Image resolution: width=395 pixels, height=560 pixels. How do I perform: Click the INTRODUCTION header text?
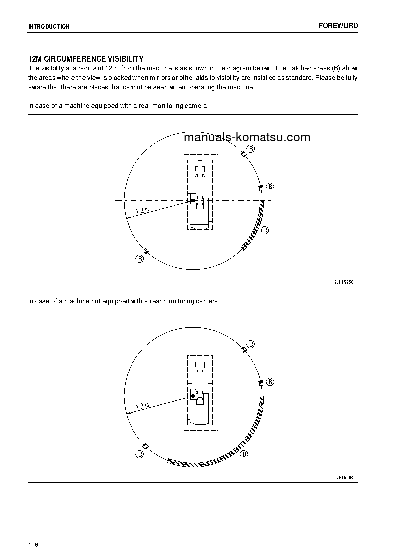click(49, 26)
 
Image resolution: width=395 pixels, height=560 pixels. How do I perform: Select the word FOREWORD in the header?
click(338, 26)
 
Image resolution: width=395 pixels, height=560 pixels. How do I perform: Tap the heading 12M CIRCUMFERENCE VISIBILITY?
click(86, 59)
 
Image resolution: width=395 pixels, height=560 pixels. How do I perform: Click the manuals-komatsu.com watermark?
click(247, 137)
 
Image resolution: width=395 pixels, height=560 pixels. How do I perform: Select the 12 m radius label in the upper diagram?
click(142, 210)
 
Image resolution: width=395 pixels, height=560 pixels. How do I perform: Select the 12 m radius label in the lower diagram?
click(142, 405)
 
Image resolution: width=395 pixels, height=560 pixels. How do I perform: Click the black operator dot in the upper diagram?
click(193, 200)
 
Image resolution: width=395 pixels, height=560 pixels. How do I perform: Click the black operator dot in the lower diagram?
click(193, 396)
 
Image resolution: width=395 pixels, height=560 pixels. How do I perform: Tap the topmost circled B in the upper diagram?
click(251, 149)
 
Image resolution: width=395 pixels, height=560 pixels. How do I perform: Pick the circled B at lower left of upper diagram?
click(140, 259)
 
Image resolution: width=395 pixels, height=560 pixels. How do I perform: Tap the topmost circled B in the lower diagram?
click(251, 344)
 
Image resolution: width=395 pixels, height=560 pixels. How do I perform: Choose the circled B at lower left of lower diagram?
click(140, 454)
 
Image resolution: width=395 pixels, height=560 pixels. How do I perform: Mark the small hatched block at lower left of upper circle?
click(146, 250)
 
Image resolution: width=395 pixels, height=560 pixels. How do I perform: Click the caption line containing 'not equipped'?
click(123, 301)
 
